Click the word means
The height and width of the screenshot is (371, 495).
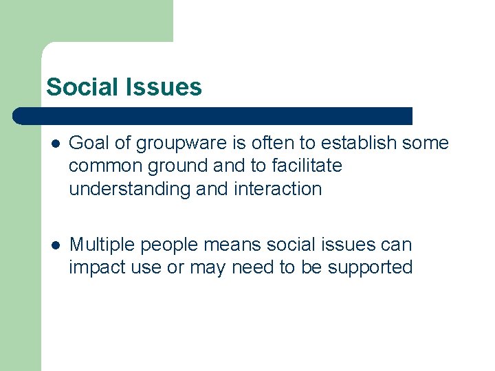point(241,245)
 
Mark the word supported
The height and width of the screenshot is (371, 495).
point(370,268)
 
